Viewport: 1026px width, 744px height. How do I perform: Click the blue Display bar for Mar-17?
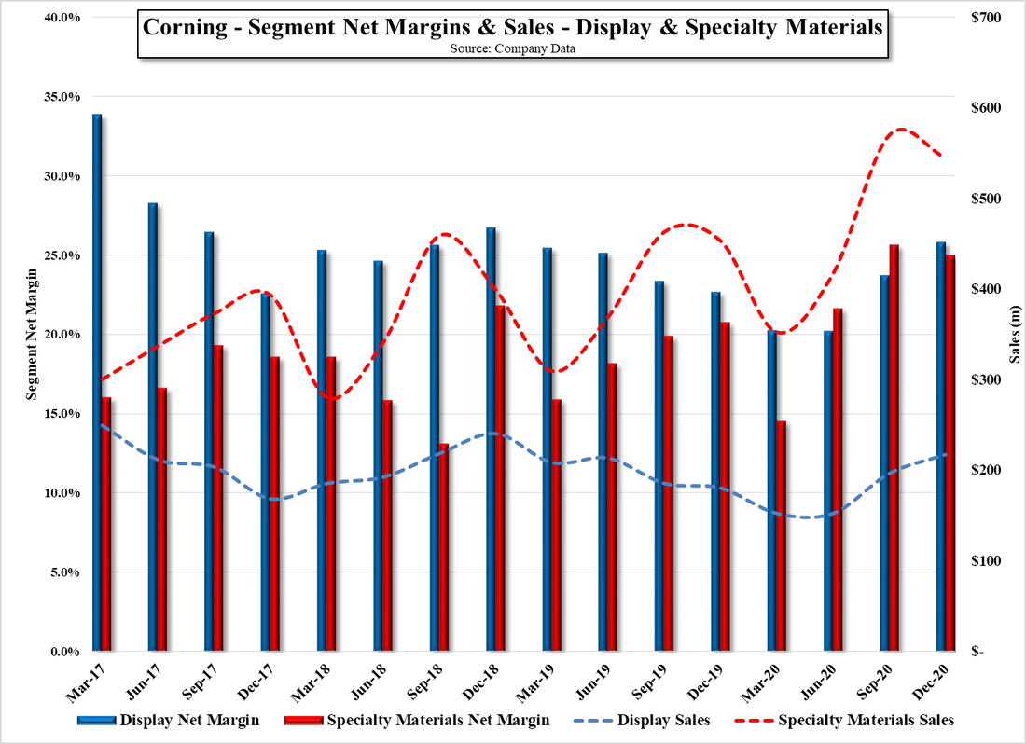tap(97, 382)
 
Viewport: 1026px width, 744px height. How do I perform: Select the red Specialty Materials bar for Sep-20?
tap(894, 448)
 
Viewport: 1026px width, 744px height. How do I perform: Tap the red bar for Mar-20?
tap(782, 536)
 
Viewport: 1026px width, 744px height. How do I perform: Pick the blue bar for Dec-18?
tap(491, 438)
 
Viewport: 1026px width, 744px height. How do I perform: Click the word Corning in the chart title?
tap(182, 27)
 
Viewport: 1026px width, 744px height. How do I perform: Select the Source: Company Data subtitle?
tap(512, 49)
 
